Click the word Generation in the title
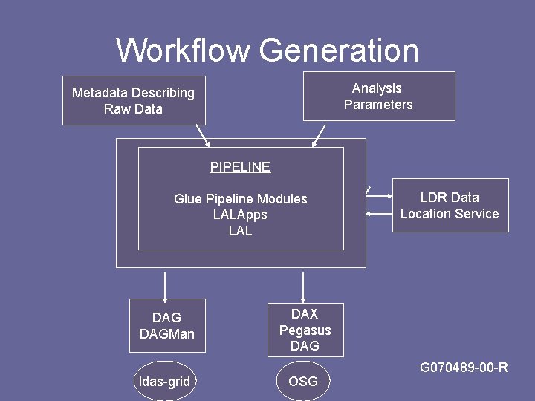click(339, 50)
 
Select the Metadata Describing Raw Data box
click(134, 100)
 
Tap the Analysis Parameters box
click(378, 96)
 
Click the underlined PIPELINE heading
click(240, 167)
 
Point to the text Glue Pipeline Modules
click(240, 199)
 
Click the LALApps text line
click(240, 215)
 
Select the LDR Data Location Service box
click(450, 205)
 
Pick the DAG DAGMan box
click(166, 325)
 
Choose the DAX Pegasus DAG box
click(305, 330)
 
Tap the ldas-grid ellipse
click(164, 382)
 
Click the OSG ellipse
click(302, 382)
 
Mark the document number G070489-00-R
click(464, 368)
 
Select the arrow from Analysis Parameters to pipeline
click(320, 135)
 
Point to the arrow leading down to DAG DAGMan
click(164, 284)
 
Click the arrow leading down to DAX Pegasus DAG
click(302, 286)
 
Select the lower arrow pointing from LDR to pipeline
click(379, 214)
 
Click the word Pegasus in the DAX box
click(305, 330)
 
